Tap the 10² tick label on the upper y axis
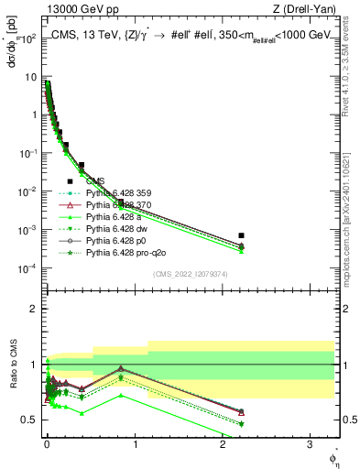[28, 40]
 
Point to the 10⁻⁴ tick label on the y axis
[28, 268]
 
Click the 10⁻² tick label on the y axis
[28, 192]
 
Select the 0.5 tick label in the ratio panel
[30, 420]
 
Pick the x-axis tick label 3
[311, 443]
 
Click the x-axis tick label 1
[135, 443]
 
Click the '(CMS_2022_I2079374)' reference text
[190, 273]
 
